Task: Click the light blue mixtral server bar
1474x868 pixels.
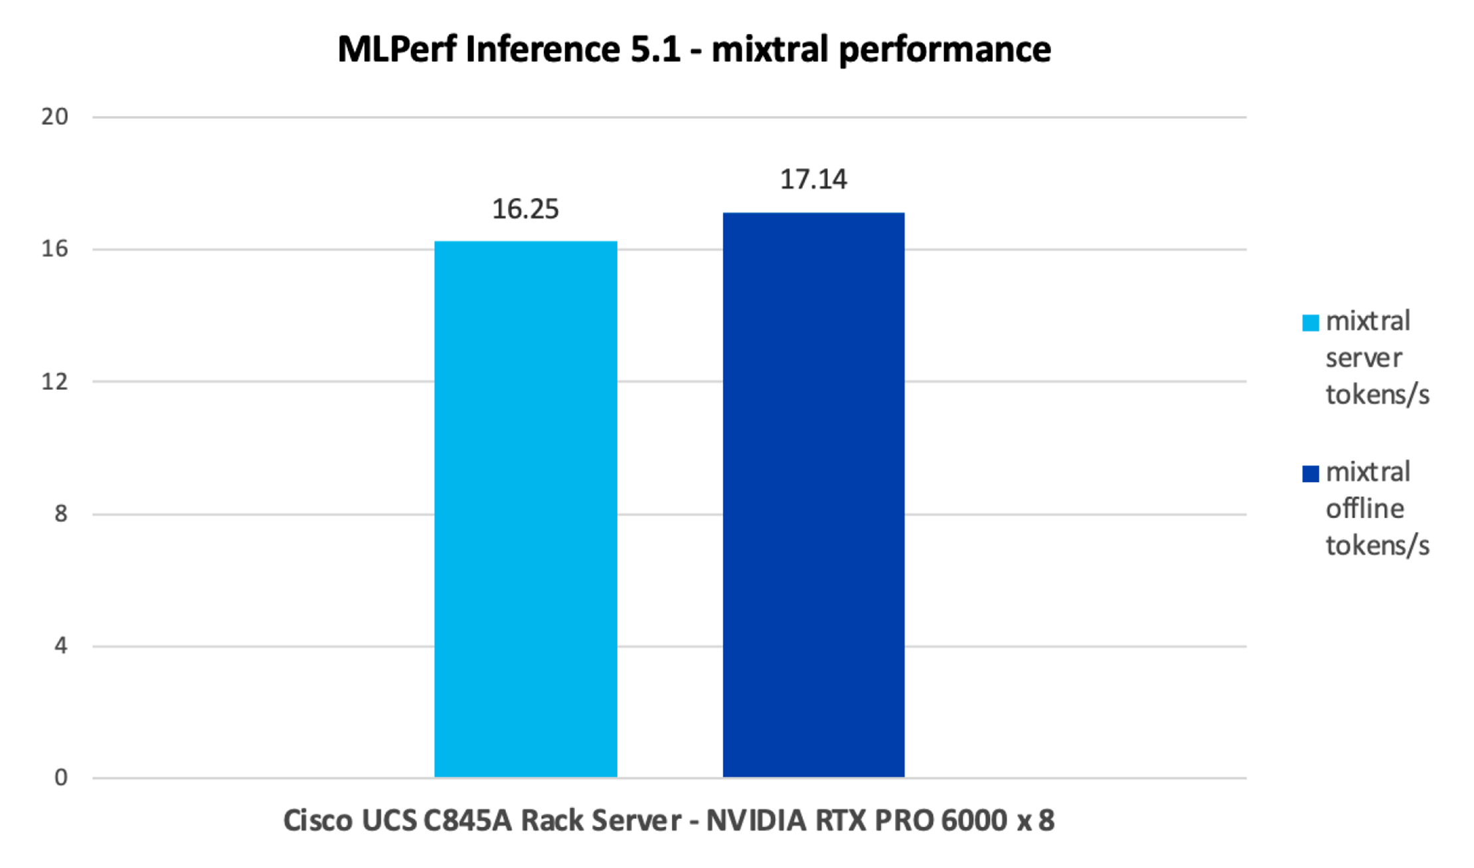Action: point(526,509)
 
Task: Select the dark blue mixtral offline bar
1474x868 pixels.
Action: point(813,495)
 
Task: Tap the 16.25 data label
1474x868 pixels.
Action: point(525,209)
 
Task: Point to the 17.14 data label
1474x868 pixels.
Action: point(813,179)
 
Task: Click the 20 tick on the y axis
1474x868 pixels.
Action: point(54,117)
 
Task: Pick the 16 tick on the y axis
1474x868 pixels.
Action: point(54,249)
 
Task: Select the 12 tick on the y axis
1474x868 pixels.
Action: point(54,381)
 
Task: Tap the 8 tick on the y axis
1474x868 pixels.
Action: point(61,513)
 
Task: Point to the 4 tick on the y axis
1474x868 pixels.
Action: point(61,646)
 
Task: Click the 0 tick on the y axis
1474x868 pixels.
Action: point(61,778)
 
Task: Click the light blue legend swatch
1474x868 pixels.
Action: point(1311,323)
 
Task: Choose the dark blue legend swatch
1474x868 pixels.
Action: point(1311,474)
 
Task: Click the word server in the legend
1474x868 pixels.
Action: point(1364,359)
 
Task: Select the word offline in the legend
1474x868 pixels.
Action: point(1365,509)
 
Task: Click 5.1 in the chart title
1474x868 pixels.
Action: point(655,50)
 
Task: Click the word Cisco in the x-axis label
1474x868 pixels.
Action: point(318,821)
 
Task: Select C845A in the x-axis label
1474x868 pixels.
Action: point(467,821)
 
